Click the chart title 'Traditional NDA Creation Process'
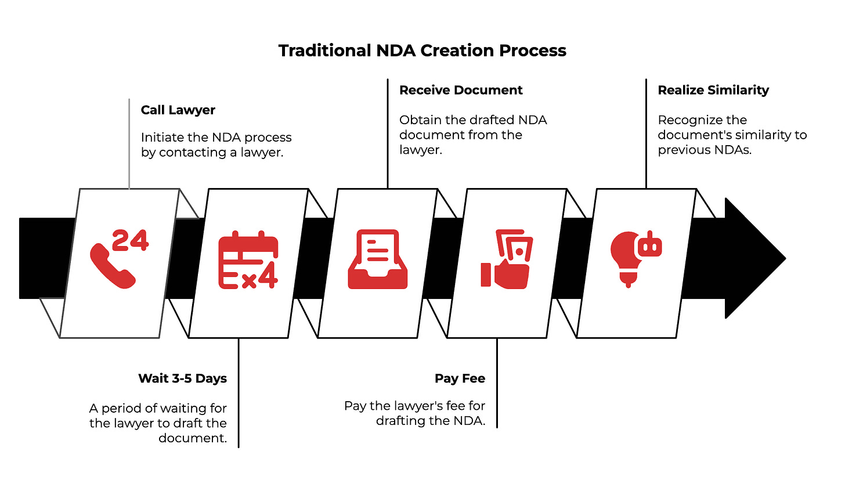pos(422,50)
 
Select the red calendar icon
pos(248,259)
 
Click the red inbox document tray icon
pos(377,259)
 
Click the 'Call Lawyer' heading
pos(178,110)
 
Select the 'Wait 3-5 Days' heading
pos(182,378)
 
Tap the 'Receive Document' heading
pos(461,90)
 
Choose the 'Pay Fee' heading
pos(460,378)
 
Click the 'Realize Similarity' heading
pos(713,90)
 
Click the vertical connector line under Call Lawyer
pos(129,145)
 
